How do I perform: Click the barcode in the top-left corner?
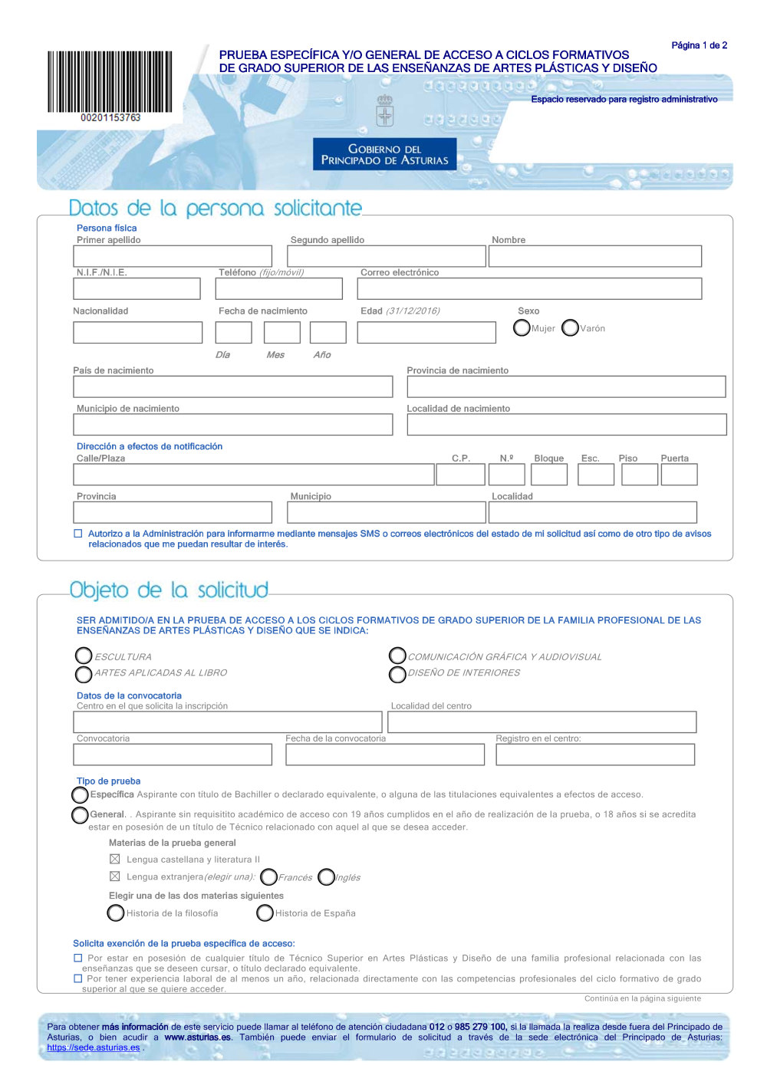coord(110,82)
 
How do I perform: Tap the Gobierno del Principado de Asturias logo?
coord(384,153)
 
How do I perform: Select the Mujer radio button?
coord(522,328)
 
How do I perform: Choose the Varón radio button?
coord(570,328)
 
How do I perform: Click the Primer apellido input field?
coord(173,256)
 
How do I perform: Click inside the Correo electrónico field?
coord(529,289)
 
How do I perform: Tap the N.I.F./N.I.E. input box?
coord(137,289)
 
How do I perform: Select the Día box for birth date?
coord(233,333)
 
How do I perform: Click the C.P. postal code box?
coord(460,475)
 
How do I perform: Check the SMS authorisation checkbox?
coord(77,534)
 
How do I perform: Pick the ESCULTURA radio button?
coord(84,656)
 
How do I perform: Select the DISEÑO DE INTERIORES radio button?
coord(397,674)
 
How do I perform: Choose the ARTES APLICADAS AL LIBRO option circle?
coord(84,674)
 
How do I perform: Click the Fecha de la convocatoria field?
coord(384,755)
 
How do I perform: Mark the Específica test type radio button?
coord(80,794)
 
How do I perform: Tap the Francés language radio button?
coord(268,876)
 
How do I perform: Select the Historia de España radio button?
coord(265,912)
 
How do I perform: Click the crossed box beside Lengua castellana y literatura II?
coord(115,860)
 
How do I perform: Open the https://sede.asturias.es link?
coord(93,1047)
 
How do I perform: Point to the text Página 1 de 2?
coord(699,46)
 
